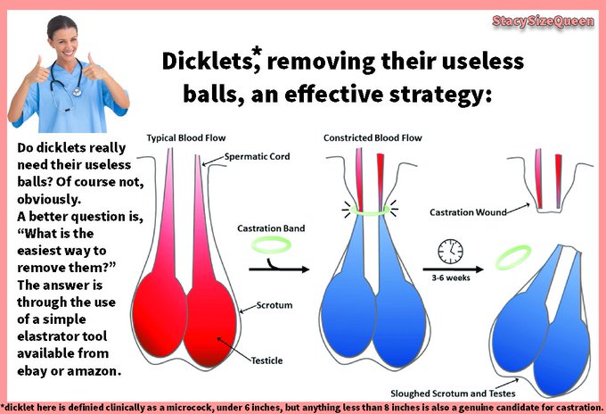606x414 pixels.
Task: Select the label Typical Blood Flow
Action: [184, 140]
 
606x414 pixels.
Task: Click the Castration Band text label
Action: [272, 228]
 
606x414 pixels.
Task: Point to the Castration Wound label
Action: [468, 212]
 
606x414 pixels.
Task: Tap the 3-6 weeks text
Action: [447, 277]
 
